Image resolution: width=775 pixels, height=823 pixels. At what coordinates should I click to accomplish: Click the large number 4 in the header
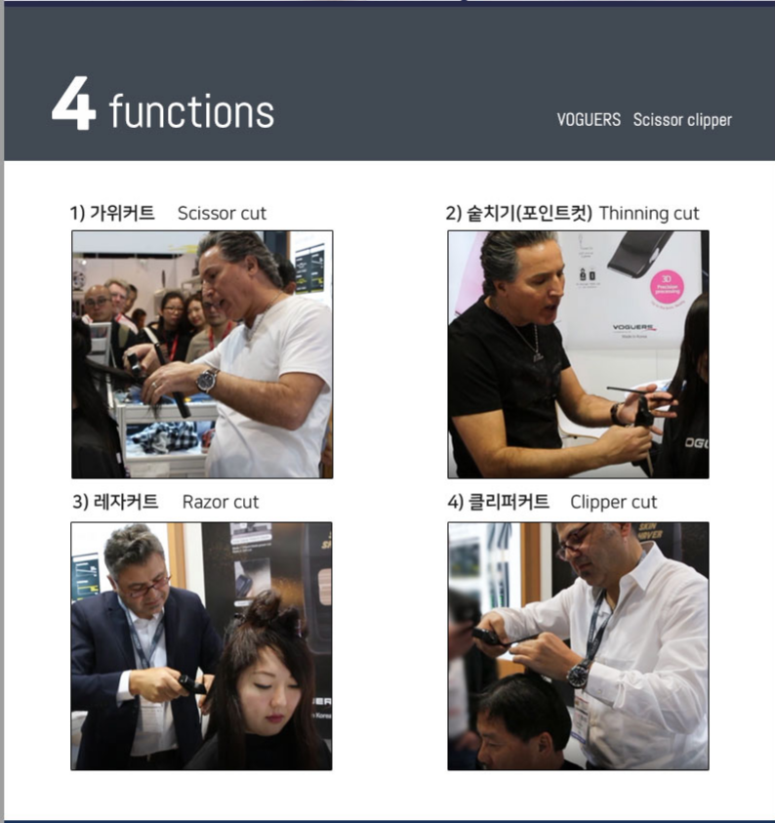tap(73, 103)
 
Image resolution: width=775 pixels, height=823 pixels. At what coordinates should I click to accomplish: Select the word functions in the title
tap(191, 110)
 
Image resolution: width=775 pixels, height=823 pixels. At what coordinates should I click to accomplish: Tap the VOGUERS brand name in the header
tap(589, 120)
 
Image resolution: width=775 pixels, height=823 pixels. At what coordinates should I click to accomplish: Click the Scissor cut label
tap(222, 214)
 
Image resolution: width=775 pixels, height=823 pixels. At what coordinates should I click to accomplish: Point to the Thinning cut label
tap(649, 214)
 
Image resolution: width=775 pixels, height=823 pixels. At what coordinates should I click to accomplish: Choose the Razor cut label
tap(221, 503)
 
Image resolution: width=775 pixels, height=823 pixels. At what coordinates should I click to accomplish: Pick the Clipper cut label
tap(613, 503)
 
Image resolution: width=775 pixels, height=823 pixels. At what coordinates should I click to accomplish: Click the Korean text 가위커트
tap(122, 213)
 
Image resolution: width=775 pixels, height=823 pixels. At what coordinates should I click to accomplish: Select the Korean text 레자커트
tap(126, 502)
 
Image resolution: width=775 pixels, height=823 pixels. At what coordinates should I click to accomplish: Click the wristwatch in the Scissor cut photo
tap(207, 380)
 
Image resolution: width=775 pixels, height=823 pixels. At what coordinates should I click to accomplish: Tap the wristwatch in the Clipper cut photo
tap(579, 675)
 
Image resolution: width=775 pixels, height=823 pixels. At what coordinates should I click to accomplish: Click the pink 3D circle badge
tap(667, 287)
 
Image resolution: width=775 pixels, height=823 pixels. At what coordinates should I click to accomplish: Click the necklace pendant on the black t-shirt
tap(538, 357)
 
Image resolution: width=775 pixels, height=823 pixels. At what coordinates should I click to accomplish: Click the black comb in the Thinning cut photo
tap(636, 391)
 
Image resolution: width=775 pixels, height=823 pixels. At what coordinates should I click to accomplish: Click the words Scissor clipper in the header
tap(682, 120)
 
